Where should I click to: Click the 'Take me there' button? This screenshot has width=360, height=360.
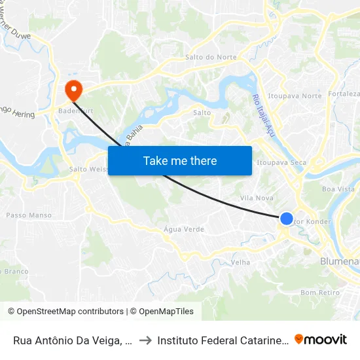coord(180,160)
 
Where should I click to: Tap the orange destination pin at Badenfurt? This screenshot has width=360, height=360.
coord(72,89)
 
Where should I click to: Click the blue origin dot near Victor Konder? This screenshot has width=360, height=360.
coord(287,219)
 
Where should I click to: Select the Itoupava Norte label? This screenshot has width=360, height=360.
coord(295,96)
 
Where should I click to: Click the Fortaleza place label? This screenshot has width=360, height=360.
coord(344,94)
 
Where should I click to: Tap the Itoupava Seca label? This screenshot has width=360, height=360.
coord(282,162)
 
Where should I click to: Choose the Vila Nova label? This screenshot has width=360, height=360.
coord(257,198)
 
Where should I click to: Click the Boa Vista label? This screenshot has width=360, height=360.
coord(338,189)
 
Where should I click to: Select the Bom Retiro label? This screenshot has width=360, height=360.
coord(320,293)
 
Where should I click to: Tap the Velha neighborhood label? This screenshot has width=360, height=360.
coord(241,262)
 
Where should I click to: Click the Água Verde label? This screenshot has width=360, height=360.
coord(183,230)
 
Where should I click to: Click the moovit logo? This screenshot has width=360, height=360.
coord(320,339)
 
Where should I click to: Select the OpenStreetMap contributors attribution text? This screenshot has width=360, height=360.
coord(65,312)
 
